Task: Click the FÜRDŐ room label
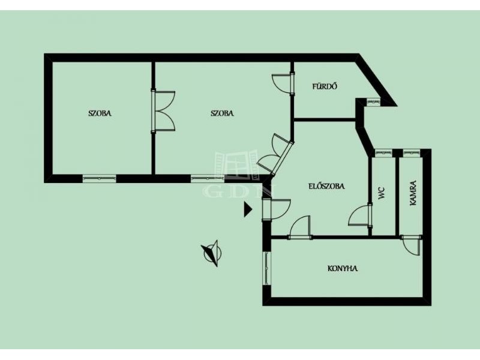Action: [325, 86]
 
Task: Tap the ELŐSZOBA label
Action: [326, 186]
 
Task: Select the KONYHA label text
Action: [343, 268]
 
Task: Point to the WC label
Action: [382, 193]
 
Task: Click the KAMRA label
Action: [413, 193]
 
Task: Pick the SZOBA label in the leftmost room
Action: [100, 113]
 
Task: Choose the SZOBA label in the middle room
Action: [222, 113]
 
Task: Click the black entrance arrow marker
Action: [248, 209]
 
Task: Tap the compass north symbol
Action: [212, 253]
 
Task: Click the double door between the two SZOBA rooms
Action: [163, 111]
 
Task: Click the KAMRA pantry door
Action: [412, 246]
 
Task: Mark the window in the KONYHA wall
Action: [267, 268]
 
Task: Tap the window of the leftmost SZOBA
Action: [100, 178]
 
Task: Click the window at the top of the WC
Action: [383, 152]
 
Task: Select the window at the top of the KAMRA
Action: [412, 152]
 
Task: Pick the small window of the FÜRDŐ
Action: [373, 102]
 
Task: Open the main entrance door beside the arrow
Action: [275, 209]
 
